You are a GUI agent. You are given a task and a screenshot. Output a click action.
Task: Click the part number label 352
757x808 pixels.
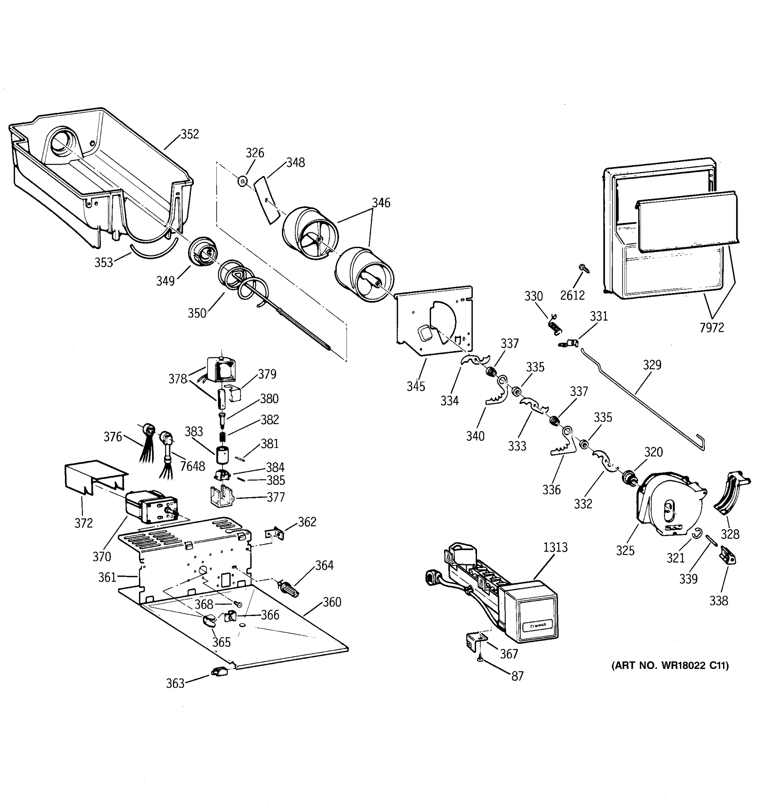(190, 134)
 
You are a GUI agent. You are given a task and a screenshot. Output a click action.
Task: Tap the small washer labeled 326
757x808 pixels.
(243, 181)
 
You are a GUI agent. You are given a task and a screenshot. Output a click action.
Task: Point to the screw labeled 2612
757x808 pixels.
(584, 268)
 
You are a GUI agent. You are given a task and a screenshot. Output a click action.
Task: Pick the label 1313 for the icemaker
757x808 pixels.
(555, 547)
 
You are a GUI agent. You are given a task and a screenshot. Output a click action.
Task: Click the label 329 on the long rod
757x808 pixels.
(652, 365)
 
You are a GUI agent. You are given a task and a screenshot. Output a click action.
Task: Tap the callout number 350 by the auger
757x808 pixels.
(197, 313)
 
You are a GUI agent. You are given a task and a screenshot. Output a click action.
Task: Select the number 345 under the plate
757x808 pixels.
(416, 386)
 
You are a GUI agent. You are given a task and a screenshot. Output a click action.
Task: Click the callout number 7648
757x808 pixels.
(192, 466)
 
